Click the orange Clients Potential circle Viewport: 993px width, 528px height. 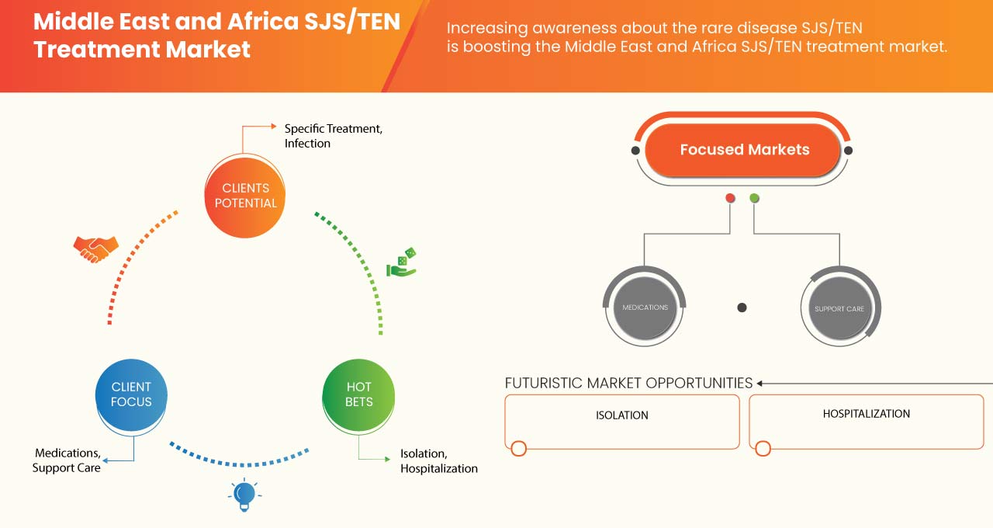click(245, 196)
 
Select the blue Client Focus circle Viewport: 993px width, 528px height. click(131, 394)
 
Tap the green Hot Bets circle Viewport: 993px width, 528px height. click(358, 394)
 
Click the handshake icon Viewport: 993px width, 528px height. click(95, 248)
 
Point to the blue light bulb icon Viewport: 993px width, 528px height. click(244, 495)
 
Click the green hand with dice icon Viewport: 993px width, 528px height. click(402, 264)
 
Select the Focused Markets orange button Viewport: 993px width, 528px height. click(743, 150)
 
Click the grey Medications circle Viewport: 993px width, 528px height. click(645, 307)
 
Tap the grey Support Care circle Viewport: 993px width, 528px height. click(839, 308)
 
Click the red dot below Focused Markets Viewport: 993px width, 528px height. click(730, 198)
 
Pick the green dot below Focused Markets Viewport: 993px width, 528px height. click(754, 198)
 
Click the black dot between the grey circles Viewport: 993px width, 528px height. click(742, 307)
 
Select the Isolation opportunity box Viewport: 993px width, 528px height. click(622, 422)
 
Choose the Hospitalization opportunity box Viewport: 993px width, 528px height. click(866, 422)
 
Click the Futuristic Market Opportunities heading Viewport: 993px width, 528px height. click(628, 383)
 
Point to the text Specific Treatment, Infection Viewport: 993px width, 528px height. click(333, 136)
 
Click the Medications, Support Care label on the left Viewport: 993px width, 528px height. click(67, 460)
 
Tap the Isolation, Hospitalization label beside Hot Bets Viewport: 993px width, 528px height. click(438, 461)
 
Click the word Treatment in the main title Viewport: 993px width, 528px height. click(85, 50)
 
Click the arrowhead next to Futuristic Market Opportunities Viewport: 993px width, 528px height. click(760, 383)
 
